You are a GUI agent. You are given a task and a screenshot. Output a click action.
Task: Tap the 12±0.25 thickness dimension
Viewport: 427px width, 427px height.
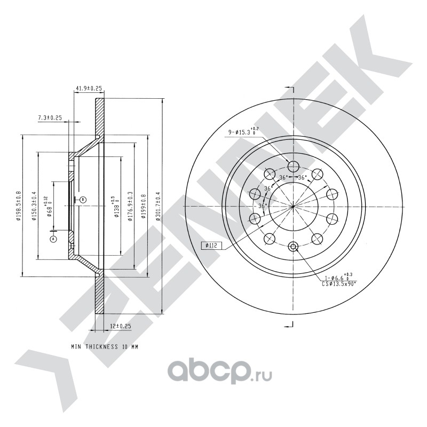click(121, 326)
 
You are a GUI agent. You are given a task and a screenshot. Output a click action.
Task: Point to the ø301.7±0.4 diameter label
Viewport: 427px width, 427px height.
click(157, 207)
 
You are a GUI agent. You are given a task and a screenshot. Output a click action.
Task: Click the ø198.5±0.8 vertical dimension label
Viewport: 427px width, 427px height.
click(18, 206)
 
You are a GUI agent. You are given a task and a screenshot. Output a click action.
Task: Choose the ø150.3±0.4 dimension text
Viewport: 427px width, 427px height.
click(34, 206)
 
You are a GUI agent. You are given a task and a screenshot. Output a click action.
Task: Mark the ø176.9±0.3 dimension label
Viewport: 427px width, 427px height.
click(130, 206)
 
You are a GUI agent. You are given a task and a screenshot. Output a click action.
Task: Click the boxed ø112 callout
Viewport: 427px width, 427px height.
click(211, 246)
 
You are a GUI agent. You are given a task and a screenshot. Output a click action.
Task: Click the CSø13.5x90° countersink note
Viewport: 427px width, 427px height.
click(339, 284)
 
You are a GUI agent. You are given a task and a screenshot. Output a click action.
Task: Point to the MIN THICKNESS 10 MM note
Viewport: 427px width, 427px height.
click(105, 346)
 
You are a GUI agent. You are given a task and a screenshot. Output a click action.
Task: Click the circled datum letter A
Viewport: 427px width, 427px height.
click(53, 239)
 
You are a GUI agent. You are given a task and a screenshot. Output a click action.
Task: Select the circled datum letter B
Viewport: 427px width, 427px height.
click(83, 200)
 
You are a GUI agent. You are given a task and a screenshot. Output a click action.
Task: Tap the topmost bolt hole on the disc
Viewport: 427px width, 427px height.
click(292, 164)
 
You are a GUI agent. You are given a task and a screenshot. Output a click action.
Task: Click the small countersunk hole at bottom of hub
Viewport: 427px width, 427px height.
click(292, 247)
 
